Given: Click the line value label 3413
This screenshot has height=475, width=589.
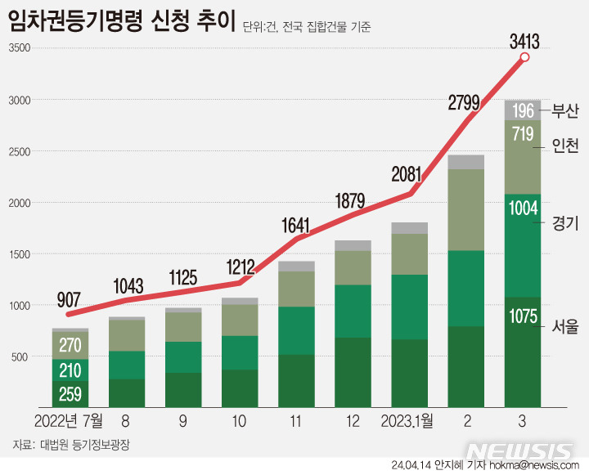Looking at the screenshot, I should (524, 40).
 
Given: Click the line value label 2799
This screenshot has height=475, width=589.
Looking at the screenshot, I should (468, 103).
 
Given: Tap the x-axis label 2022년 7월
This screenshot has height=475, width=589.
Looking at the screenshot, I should (69, 422).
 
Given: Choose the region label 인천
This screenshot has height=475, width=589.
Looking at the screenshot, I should (565, 146).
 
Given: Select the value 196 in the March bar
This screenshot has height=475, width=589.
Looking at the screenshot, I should (524, 110).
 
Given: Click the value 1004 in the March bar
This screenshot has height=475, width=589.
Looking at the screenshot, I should (524, 208).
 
